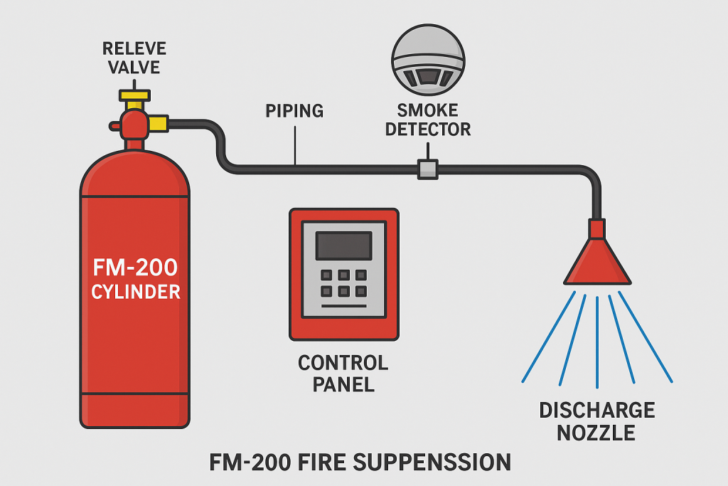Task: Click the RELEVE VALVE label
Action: [134, 58]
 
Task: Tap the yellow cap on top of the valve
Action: [134, 95]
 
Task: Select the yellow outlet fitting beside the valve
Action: [159, 123]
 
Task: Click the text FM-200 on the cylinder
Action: [135, 268]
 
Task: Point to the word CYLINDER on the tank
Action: [135, 292]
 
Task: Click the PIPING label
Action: [294, 111]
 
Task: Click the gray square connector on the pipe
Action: [427, 169]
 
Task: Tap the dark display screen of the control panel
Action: [344, 245]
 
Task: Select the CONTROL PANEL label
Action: [343, 374]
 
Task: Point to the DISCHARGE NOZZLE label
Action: [597, 421]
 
